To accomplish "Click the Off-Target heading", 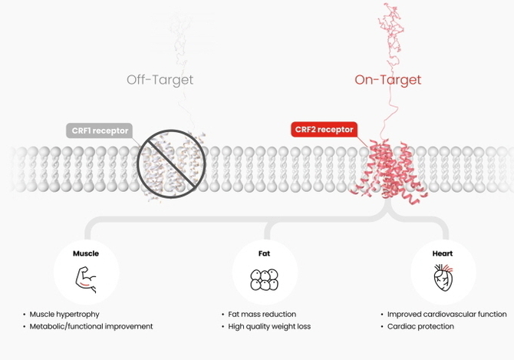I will (160, 80).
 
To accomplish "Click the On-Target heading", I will (387, 80).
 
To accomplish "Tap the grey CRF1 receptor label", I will (97, 130).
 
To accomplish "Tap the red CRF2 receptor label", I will (324, 130).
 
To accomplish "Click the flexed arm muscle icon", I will (85, 279).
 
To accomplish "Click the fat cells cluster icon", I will (264, 279).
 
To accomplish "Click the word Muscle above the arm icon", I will (85, 253).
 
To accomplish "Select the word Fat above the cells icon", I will (264, 253).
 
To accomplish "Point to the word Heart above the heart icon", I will (443, 253).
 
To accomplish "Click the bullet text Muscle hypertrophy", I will (64, 314).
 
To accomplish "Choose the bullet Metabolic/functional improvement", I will (91, 326).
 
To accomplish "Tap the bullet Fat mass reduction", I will (262, 314).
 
